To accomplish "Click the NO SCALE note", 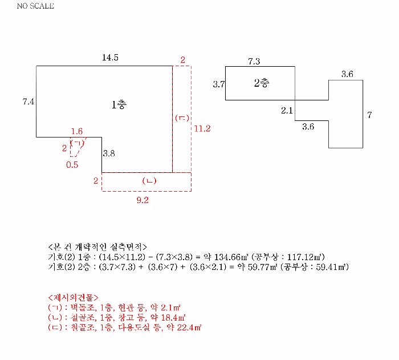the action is pyautogui.click(x=35, y=6).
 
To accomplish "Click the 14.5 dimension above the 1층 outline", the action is pyautogui.click(x=110, y=58).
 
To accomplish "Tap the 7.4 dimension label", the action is pyautogui.click(x=28, y=102).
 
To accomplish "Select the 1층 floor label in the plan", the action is pyautogui.click(x=119, y=104).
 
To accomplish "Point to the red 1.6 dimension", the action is pyautogui.click(x=77, y=131).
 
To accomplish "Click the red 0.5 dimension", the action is pyautogui.click(x=72, y=165).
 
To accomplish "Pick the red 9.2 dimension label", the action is pyautogui.click(x=142, y=200).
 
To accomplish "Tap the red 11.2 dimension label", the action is pyautogui.click(x=202, y=129).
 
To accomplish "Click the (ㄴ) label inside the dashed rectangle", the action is pyautogui.click(x=149, y=181).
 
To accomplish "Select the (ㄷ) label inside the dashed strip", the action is pyautogui.click(x=182, y=118).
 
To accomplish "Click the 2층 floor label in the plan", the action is pyautogui.click(x=262, y=83).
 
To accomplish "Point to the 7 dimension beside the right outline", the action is pyautogui.click(x=369, y=115).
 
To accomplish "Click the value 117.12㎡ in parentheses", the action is pyautogui.click(x=304, y=257).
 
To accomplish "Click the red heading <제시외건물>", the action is pyautogui.click(x=73, y=297).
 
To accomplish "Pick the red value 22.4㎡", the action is pyautogui.click(x=189, y=327).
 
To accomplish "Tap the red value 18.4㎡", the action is pyautogui.click(x=173, y=317).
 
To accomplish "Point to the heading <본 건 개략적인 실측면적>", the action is pyautogui.click(x=97, y=247).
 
